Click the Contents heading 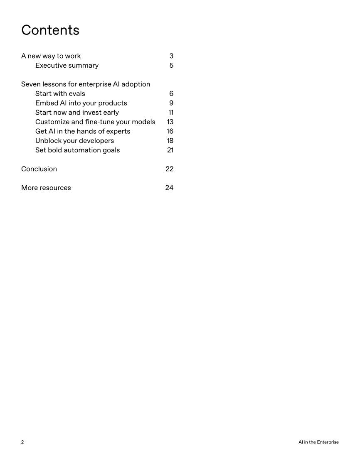50,30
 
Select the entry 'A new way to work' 51,56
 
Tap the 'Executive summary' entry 67,66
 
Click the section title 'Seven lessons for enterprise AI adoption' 86,84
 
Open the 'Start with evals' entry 60,94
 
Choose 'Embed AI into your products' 81,103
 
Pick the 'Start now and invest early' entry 77,113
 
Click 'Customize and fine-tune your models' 95,122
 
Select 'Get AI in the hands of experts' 83,131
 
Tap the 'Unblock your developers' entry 74,141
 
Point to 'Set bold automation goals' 77,150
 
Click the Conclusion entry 39,169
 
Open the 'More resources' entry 46,188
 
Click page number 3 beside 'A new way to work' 171,56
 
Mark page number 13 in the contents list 170,122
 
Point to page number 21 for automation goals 170,150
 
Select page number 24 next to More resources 169,188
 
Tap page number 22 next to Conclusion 169,169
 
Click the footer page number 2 22,442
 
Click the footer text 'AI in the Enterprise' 318,442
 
